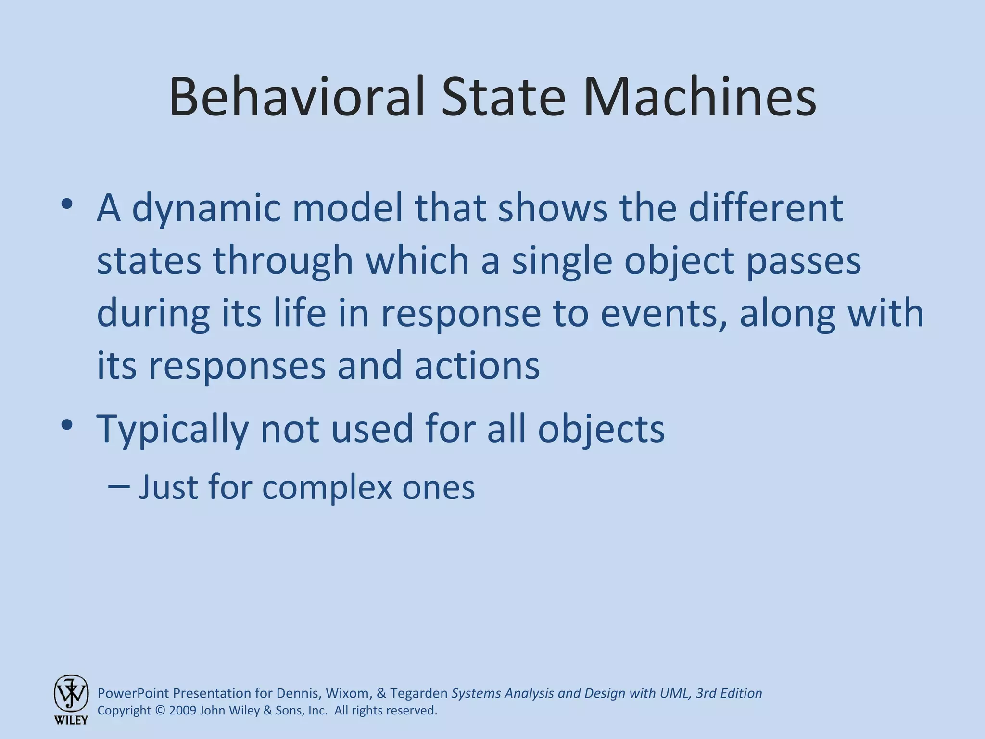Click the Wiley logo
pos(71,699)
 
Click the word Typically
pos(173,430)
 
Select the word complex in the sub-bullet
pos(328,487)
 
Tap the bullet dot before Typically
pos(67,425)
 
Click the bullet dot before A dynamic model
pos(67,204)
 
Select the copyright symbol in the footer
pos(160,711)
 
